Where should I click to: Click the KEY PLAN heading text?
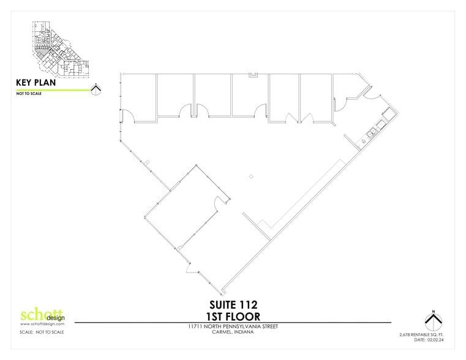[36, 82]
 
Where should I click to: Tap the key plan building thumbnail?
[58, 50]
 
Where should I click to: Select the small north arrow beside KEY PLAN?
[96, 89]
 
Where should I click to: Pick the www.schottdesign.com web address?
[39, 324]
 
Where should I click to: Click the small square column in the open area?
[250, 177]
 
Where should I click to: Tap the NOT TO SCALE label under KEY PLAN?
[27, 95]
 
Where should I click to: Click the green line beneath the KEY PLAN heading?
[52, 89]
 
